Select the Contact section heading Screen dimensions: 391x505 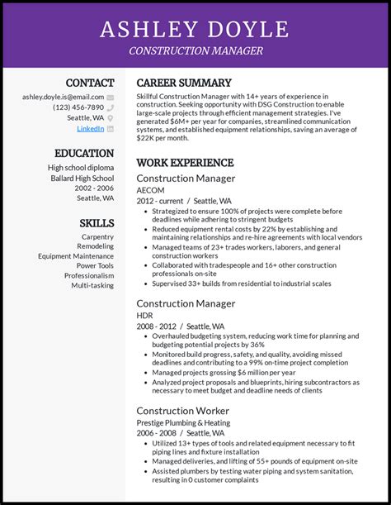[x=90, y=83]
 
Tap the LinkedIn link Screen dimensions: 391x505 [x=91, y=129]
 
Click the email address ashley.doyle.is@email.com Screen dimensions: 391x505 [x=63, y=97]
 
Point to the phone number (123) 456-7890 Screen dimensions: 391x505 [x=78, y=107]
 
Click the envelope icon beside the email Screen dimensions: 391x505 [x=111, y=97]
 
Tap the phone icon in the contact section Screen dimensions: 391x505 [x=111, y=107]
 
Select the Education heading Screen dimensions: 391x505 [x=84, y=153]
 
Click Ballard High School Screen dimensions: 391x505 [x=81, y=178]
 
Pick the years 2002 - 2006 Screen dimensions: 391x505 [x=95, y=188]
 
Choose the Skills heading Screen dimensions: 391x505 [x=97, y=223]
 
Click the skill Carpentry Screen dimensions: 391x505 [x=97, y=237]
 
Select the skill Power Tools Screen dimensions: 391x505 [x=95, y=266]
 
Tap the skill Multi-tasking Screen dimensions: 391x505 [x=92, y=285]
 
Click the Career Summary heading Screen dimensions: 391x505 [x=184, y=83]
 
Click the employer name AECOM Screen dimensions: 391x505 [x=150, y=189]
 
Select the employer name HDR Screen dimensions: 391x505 [x=144, y=316]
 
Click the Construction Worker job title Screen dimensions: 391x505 [x=183, y=411]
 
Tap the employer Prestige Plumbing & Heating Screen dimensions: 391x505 [x=183, y=423]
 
